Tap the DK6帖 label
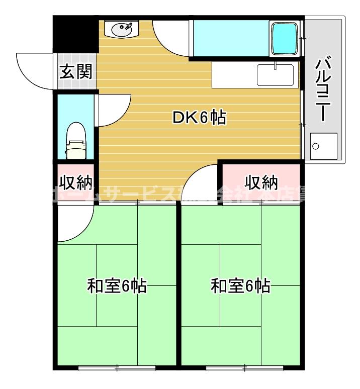199,118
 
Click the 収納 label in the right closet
261,180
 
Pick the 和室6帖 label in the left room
117,286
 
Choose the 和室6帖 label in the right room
240,286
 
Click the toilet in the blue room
76,141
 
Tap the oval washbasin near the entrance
121,30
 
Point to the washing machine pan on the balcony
323,146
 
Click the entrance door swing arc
35,70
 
